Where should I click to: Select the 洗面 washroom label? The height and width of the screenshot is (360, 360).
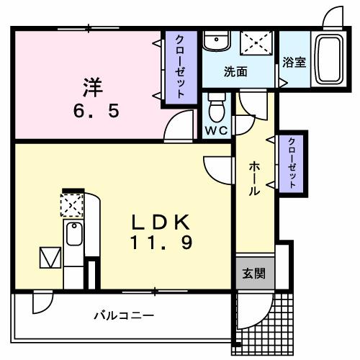(235, 71)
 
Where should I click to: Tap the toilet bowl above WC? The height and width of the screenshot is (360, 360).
(215, 107)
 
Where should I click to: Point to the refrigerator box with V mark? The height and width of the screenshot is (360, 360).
(50, 257)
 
